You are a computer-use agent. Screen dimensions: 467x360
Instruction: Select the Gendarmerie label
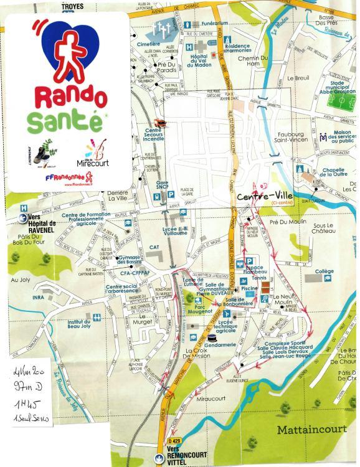coord(219,344)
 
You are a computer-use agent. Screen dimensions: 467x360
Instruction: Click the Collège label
coord(324,271)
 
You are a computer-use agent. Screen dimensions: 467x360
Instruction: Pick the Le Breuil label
coord(298,79)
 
